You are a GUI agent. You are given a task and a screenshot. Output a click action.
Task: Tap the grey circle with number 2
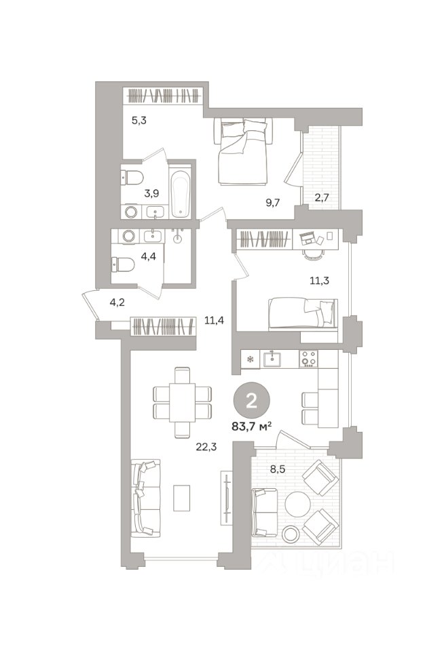[251, 401]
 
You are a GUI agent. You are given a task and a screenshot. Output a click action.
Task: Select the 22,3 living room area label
[206, 447]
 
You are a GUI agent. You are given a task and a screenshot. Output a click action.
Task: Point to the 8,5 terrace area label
[278, 469]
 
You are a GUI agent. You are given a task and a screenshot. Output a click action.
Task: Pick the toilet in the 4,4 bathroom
[123, 264]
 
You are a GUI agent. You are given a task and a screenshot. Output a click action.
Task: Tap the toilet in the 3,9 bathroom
[132, 178]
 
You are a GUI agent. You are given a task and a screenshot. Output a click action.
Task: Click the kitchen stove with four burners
[308, 359]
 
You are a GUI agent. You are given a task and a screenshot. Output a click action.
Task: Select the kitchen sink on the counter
[272, 359]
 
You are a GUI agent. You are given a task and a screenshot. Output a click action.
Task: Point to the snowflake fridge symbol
[251, 359]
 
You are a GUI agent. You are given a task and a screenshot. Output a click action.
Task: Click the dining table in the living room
[182, 402]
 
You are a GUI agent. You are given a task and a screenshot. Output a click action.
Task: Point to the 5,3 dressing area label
[139, 121]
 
